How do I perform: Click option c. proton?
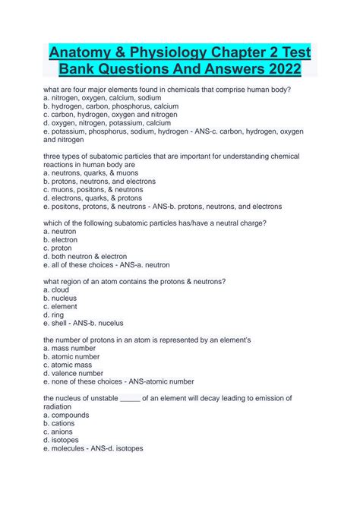tap(58, 248)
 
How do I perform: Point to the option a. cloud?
tap(56, 289)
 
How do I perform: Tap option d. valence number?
tap(74, 373)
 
